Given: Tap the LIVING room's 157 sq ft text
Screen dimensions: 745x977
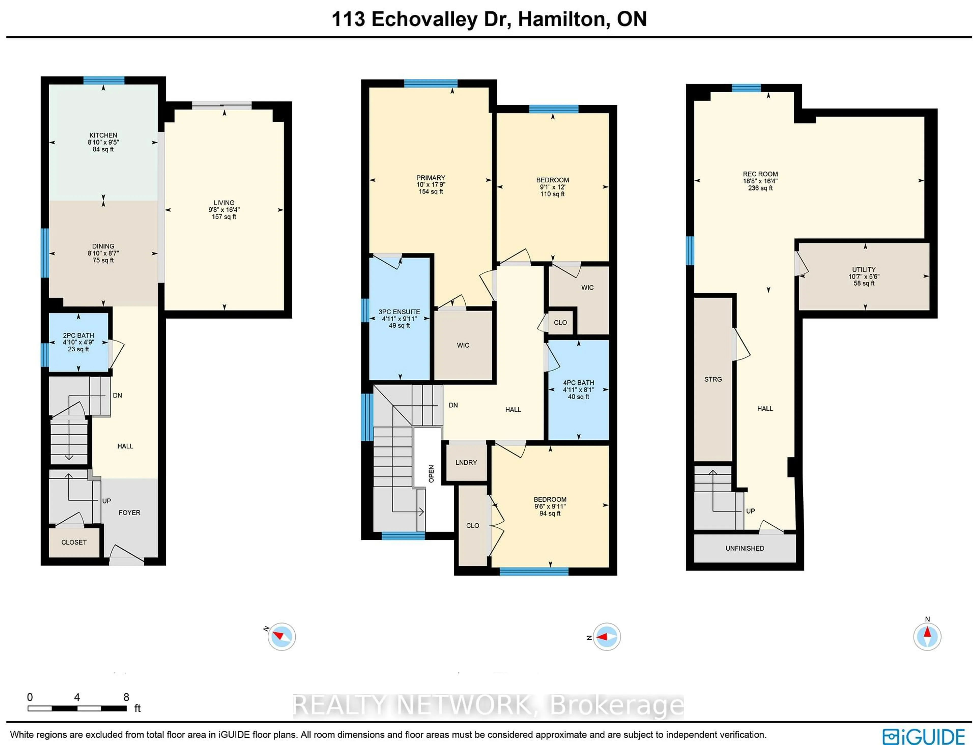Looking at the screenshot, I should click(224, 217).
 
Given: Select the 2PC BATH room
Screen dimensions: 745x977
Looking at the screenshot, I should click(79, 342).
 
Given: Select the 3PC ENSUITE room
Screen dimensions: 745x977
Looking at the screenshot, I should click(399, 318).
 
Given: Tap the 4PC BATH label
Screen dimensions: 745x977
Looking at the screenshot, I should click(578, 383).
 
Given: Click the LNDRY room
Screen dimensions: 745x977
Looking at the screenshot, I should click(466, 463).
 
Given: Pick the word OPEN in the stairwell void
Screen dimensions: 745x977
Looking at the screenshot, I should click(431, 474).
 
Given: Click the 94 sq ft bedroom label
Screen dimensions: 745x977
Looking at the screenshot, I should click(550, 513).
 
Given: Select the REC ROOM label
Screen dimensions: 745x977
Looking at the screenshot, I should click(760, 174).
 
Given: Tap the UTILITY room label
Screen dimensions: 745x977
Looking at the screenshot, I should click(864, 269).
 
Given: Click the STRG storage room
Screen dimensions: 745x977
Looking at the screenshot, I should click(713, 379).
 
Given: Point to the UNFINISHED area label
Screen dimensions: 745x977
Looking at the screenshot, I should click(745, 548).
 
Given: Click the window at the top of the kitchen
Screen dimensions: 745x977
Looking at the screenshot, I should click(104, 80).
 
